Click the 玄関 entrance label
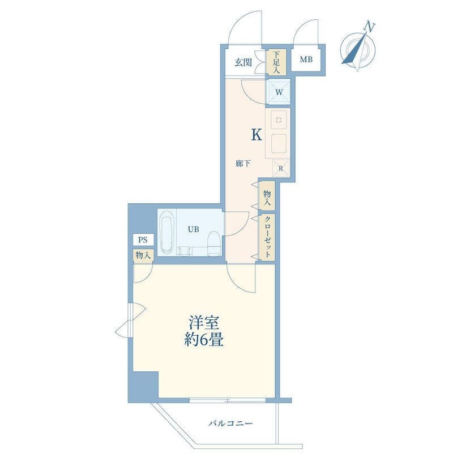(243, 62)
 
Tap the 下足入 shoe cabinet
(276, 62)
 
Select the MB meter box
(306, 59)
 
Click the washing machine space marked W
(279, 92)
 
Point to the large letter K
(257, 135)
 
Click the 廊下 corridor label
(243, 164)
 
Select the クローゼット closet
(267, 237)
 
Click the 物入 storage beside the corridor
(267, 196)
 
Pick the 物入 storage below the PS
(143, 255)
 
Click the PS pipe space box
(143, 240)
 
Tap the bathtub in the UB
(166, 232)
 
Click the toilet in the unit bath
(215, 243)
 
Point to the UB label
(193, 229)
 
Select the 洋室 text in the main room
(203, 323)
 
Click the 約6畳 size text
(204, 340)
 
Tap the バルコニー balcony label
(230, 424)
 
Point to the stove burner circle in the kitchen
(279, 120)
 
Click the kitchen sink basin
(279, 144)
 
